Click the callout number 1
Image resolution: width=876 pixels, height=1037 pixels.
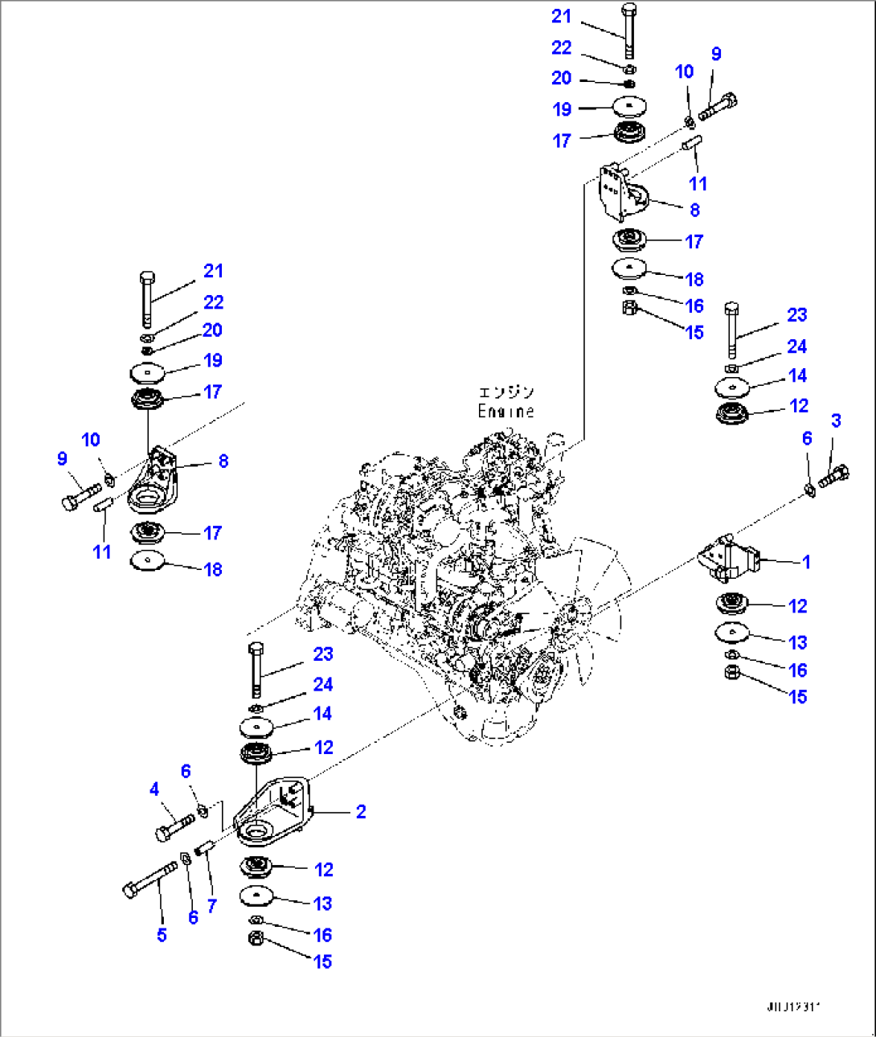click(x=806, y=562)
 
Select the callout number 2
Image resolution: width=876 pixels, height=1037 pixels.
click(x=361, y=812)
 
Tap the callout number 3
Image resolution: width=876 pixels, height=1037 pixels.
click(x=836, y=420)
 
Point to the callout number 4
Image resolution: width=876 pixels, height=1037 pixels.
click(x=154, y=789)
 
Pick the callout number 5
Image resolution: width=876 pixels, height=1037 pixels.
click(x=162, y=935)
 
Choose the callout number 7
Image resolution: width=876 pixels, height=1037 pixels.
click(x=211, y=905)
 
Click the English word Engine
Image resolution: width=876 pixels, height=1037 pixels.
click(x=506, y=411)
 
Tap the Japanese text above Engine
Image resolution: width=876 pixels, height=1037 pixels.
click(x=506, y=392)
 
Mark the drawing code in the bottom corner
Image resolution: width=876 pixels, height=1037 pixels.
click(x=795, y=1006)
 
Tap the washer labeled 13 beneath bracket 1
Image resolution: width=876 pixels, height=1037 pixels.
click(x=731, y=633)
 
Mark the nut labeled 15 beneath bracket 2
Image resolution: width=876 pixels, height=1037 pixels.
click(x=255, y=938)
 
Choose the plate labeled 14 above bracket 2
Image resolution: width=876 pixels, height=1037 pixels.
click(x=257, y=727)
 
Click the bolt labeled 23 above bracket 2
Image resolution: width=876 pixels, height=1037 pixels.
click(x=256, y=669)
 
